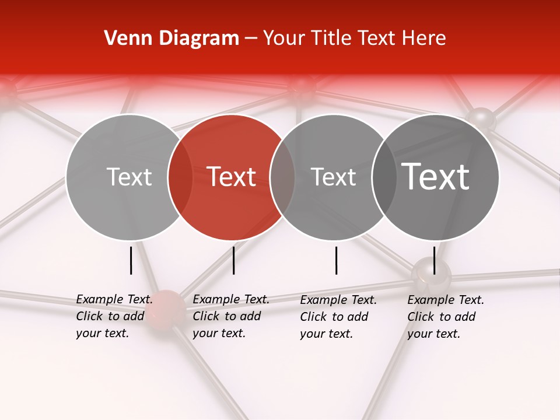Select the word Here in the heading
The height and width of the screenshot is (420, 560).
point(423,38)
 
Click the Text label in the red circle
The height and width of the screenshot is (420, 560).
point(232,177)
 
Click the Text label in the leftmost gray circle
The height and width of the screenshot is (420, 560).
point(129,177)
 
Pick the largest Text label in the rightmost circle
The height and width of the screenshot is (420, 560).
point(436,176)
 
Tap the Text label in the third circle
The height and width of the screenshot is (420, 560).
point(333,177)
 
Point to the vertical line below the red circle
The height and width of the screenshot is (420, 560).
point(233,260)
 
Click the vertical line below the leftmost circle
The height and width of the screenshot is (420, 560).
point(131,260)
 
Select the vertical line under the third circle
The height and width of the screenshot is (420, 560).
point(336,260)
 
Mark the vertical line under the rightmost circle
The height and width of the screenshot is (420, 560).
point(434,260)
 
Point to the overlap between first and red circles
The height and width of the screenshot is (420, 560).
point(180,177)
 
